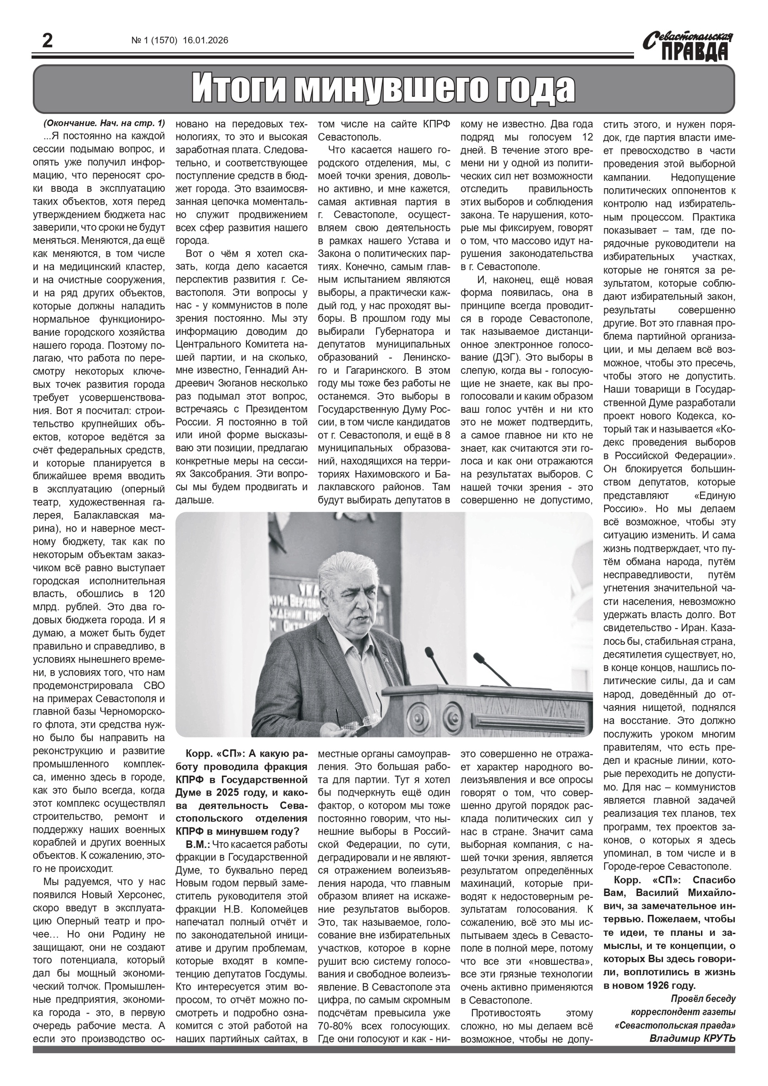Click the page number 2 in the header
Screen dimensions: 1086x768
48,41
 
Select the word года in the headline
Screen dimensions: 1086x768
536,88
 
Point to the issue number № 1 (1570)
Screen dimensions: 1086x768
154,41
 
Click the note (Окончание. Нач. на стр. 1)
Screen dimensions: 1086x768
104,124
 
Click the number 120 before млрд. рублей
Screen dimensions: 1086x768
156,594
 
